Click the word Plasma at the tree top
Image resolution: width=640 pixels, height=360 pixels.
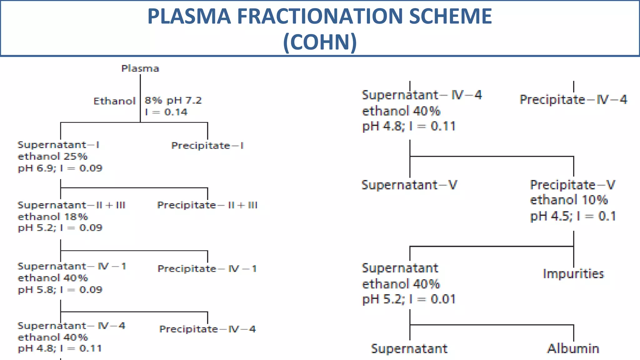(x=140, y=68)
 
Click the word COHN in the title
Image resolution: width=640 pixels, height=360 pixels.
(x=320, y=42)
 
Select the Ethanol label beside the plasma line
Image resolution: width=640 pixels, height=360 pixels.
(x=114, y=101)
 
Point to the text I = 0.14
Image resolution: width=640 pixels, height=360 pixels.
(x=166, y=112)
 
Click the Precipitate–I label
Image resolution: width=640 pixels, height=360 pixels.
(x=207, y=146)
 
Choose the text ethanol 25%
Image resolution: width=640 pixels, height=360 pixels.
(x=52, y=156)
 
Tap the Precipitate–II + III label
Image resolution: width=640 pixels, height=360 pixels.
(x=207, y=205)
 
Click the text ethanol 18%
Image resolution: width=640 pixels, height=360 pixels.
(x=53, y=216)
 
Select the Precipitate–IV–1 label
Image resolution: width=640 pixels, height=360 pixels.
(x=207, y=268)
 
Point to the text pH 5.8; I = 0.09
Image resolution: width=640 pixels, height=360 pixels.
(x=60, y=290)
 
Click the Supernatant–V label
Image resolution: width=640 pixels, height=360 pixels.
(x=409, y=185)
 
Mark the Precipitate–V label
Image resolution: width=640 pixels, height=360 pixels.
(x=572, y=185)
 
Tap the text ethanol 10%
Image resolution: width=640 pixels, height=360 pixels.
(x=569, y=200)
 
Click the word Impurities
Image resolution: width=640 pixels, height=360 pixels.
(x=573, y=274)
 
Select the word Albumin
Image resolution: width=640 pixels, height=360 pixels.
(x=573, y=348)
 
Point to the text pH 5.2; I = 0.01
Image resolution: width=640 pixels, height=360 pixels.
(x=408, y=299)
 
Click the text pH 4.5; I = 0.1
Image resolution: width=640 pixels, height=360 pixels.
(x=572, y=216)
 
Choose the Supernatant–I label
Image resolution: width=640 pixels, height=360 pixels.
(x=58, y=145)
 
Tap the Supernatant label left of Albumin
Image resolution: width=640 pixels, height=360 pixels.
(x=409, y=348)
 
